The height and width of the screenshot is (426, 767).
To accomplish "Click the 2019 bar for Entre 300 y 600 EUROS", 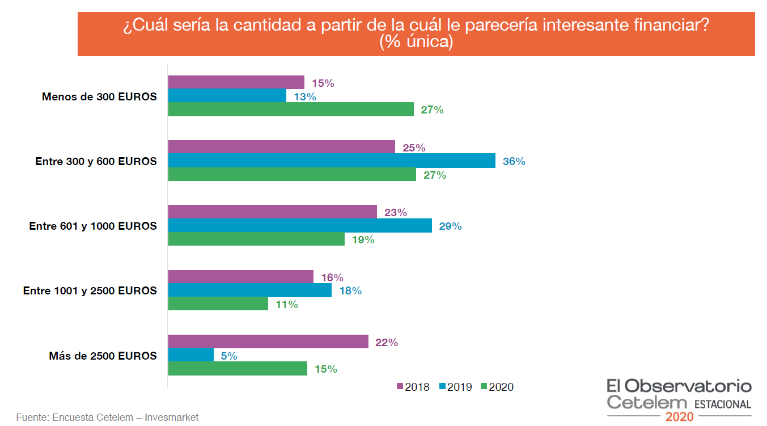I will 332,161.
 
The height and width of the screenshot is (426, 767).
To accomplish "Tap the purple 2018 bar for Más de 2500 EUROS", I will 268,342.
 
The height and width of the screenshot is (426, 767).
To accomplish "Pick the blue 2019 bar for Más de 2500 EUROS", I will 191,356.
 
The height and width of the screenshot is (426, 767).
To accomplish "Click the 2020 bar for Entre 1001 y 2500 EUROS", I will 218,304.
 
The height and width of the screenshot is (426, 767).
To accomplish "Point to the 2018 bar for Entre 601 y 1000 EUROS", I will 273,212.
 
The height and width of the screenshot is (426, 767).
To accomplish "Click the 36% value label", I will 514,162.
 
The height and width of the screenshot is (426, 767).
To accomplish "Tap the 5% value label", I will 229,356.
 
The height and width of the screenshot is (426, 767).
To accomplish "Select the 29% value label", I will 450,226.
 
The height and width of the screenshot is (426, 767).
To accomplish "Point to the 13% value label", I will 304,96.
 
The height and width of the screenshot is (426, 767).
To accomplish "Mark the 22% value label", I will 386,343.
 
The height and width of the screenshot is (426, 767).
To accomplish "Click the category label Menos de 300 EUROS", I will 99,96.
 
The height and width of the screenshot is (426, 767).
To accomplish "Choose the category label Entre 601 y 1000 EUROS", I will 93,226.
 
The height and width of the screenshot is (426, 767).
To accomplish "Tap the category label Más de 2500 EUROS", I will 103,356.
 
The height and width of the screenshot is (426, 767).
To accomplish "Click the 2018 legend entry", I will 413,387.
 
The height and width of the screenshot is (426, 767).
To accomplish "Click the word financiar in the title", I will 672,27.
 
